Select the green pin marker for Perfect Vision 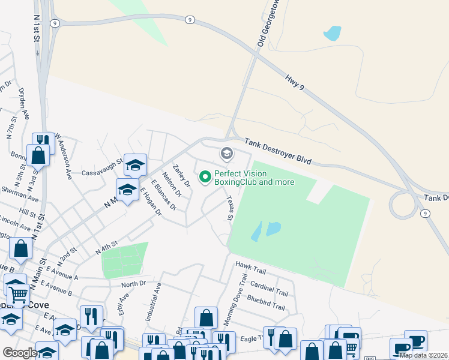point(205,177)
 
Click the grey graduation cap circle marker point(227,154)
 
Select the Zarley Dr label point(181,176)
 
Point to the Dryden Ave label point(24,105)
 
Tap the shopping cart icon point(19,295)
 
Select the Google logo point(19,353)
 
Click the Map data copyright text point(423,355)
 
